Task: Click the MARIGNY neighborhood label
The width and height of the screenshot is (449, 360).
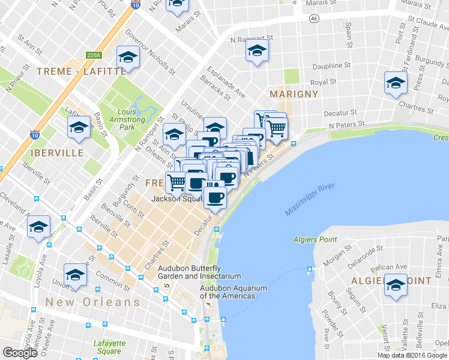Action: coord(294,94)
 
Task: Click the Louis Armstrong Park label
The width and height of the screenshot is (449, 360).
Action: coord(135,119)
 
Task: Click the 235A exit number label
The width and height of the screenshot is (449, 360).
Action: coord(94,55)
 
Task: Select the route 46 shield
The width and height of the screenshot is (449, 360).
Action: coord(314,19)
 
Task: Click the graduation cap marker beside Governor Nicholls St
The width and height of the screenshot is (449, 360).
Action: coord(128,56)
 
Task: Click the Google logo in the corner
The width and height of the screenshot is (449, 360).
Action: coord(20,353)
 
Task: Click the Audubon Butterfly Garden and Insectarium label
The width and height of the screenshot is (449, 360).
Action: coord(199,272)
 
